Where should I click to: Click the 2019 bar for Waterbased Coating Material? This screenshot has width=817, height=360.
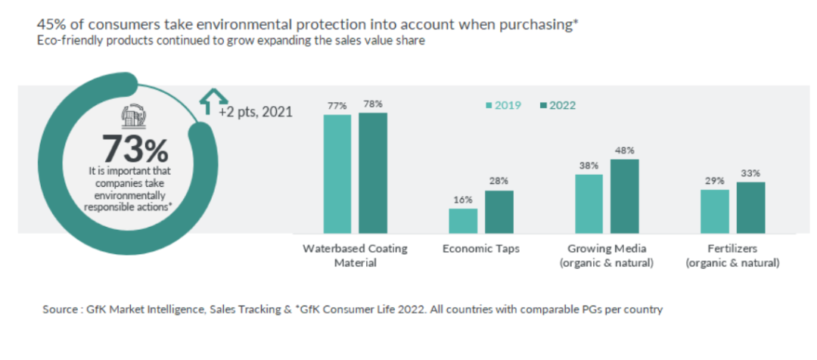point(337,173)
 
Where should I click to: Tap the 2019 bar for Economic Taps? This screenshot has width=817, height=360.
point(463,220)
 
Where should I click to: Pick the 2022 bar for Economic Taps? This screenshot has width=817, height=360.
point(499,211)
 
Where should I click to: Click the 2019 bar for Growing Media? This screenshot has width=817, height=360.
point(589,203)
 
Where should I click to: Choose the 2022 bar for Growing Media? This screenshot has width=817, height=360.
point(625,195)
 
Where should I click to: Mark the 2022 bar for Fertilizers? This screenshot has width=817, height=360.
point(750,206)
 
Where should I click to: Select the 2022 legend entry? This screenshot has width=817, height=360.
point(558,105)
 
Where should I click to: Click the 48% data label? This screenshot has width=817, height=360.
point(625,151)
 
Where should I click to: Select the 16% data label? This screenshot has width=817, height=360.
point(463,200)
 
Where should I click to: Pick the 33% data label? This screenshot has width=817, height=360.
point(750,173)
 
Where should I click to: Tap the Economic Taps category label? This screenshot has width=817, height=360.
point(481,249)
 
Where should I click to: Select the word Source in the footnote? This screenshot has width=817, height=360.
point(60,310)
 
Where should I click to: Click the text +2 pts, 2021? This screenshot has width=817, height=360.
point(255,112)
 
